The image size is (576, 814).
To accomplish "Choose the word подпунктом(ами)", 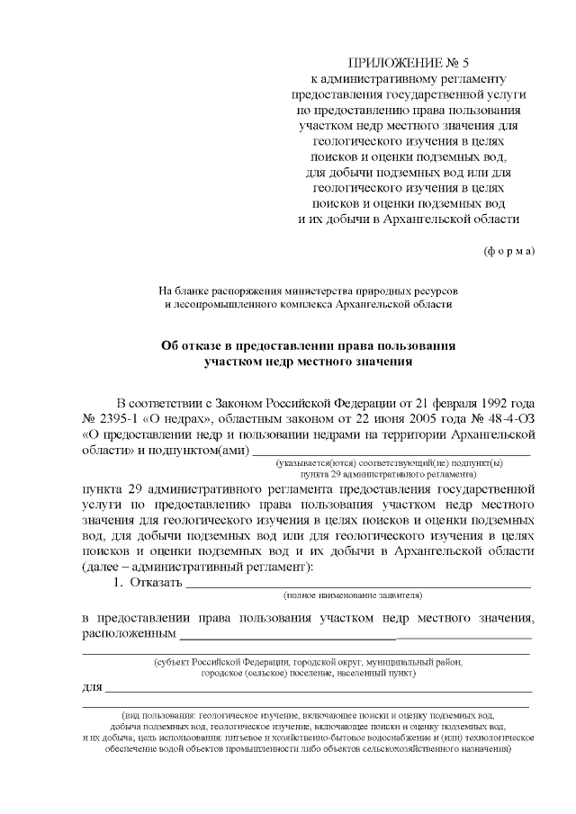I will coord(200,450).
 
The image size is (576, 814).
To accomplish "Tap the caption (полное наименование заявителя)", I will coord(353,595).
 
